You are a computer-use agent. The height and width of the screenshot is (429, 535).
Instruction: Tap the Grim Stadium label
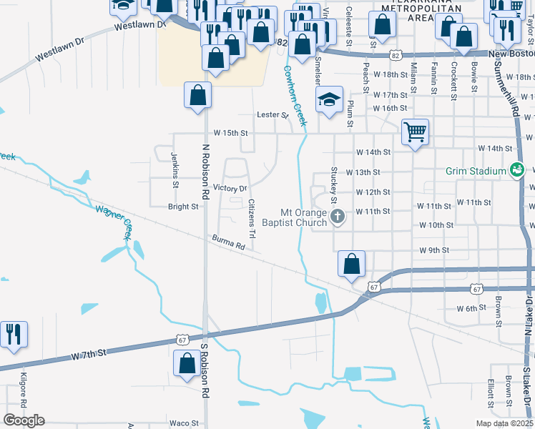click(x=475, y=171)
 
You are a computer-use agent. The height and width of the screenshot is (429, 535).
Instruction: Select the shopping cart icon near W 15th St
click(x=415, y=132)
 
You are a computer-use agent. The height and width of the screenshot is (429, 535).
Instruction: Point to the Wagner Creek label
click(x=114, y=219)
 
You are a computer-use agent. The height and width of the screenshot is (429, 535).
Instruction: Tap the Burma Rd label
click(x=228, y=242)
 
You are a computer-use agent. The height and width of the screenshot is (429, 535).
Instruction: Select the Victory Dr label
click(x=230, y=188)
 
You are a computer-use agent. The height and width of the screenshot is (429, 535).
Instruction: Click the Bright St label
click(x=183, y=207)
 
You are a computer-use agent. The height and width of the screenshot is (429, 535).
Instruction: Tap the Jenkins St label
click(x=174, y=169)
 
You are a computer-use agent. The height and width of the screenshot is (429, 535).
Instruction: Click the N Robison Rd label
click(x=205, y=171)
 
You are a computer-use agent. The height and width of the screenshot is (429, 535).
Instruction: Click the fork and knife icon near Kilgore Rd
click(x=14, y=334)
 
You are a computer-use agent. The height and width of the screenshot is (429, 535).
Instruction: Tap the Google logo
click(x=24, y=420)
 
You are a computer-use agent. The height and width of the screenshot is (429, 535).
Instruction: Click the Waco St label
click(x=184, y=423)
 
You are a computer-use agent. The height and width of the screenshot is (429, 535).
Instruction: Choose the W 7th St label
click(x=88, y=353)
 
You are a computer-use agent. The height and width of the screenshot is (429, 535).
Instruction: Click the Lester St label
click(x=273, y=114)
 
